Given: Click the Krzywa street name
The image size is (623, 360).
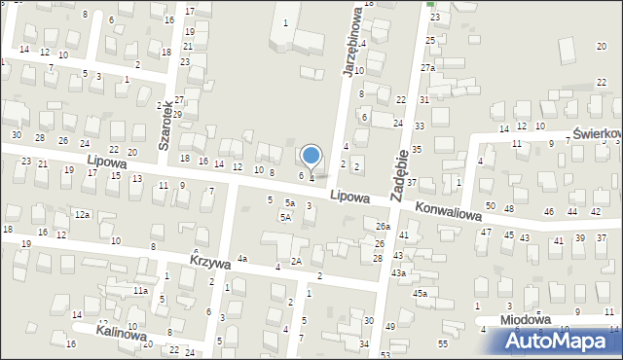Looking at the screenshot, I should [210, 263].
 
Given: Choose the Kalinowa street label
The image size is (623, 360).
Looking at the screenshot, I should [122, 333].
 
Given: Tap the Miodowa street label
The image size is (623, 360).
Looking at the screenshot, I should [525, 319].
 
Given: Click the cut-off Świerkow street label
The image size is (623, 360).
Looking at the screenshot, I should [597, 133].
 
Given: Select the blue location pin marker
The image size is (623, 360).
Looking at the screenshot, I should [311, 156].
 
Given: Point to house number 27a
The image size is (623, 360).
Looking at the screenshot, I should [427, 67].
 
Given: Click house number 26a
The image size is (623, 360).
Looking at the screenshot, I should [383, 226].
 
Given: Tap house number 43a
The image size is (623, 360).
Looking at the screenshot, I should [398, 273].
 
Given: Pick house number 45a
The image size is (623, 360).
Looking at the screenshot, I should [420, 293].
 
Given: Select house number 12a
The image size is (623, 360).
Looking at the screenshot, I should [83, 214].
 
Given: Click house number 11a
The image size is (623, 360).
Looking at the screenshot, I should [140, 290].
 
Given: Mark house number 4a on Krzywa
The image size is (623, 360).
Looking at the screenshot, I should [241, 258].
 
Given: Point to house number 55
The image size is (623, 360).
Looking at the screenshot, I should [443, 344].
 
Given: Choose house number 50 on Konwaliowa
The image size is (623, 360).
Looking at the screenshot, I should [490, 206].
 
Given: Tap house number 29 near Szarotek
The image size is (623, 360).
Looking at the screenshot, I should [177, 115].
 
